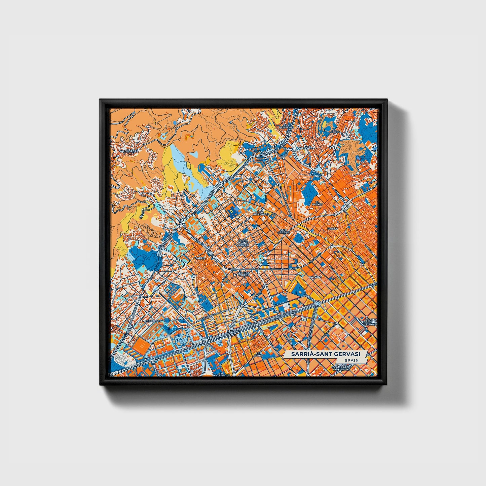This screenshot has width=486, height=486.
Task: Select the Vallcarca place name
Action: tap(303, 148)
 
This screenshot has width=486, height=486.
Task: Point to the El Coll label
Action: tap(336, 132)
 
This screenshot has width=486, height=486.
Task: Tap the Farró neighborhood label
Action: tap(332, 229)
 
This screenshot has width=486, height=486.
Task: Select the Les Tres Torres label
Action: tap(242, 273)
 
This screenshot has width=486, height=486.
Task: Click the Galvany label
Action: tap(315, 277)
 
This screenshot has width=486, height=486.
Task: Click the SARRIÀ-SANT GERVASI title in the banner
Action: tap(325, 354)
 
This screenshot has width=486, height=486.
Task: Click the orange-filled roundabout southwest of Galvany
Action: tap(285, 291)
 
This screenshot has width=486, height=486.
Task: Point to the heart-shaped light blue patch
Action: tap(194, 155)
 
